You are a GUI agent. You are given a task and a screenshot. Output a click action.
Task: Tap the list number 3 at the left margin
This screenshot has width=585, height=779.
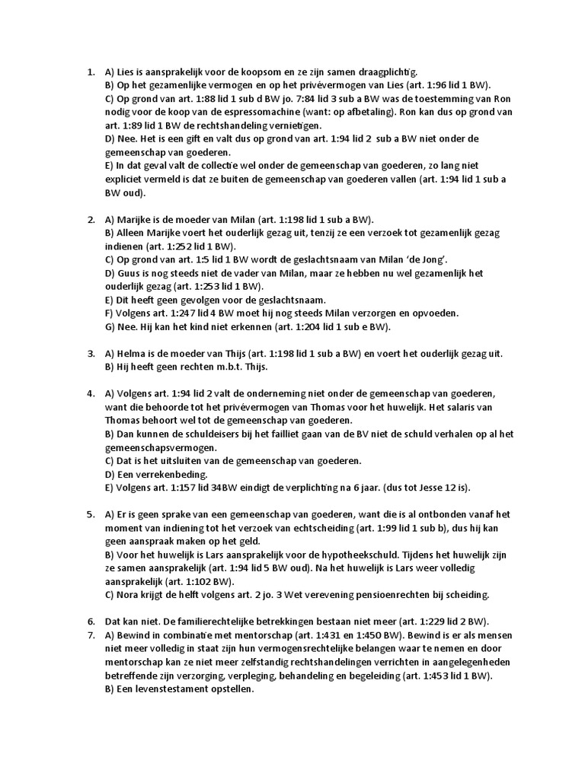(90, 354)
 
